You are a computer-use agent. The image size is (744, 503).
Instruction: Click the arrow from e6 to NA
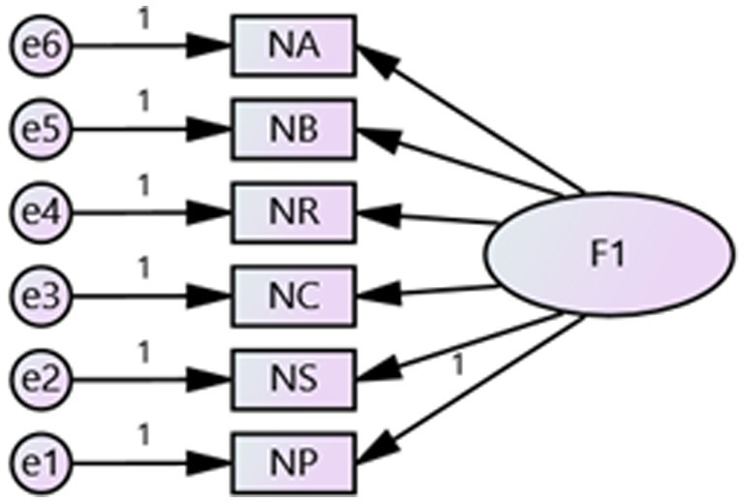(x=145, y=44)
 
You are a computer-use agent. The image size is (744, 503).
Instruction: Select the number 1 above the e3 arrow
(x=144, y=267)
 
